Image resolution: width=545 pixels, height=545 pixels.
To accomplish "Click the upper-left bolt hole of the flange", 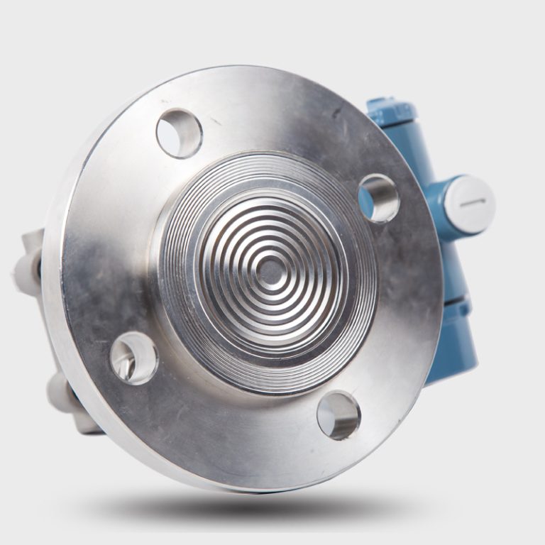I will pos(179,133).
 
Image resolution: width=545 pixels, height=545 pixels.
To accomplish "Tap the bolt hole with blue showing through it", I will pos(378,197).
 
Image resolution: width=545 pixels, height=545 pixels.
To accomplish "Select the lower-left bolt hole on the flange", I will pos(133,358).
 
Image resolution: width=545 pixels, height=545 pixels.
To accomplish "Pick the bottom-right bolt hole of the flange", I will pos(338,414).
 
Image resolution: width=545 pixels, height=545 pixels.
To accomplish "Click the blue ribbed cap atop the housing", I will pos(391,111).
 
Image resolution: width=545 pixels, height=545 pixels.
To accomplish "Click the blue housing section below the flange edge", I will pos(454,348).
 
